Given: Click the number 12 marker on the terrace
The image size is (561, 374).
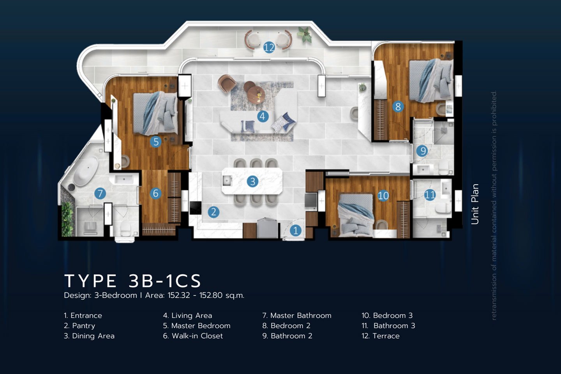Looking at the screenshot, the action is pyautogui.click(x=269, y=48).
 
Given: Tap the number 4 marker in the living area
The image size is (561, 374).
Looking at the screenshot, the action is pyautogui.click(x=263, y=116).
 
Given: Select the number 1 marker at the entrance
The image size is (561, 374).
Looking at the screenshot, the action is pyautogui.click(x=296, y=231).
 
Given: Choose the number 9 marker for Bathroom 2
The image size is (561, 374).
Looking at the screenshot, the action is pyautogui.click(x=422, y=151).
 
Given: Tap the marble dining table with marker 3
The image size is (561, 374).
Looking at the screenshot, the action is pyautogui.click(x=252, y=181).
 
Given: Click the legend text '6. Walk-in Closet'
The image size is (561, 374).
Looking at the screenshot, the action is pyautogui.click(x=193, y=336).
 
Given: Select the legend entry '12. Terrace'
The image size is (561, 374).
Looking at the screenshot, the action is pyautogui.click(x=380, y=336).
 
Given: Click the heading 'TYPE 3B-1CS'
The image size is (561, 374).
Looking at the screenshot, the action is pyautogui.click(x=132, y=281).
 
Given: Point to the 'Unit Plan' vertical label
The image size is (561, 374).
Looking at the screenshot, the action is pyautogui.click(x=475, y=204).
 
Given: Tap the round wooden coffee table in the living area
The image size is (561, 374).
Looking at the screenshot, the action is pyautogui.click(x=256, y=94).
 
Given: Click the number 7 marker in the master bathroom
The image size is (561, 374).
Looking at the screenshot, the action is pyautogui.click(x=100, y=193).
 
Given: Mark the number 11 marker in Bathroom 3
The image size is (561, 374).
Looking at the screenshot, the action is pyautogui.click(x=430, y=195).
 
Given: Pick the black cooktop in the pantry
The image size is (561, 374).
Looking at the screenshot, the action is pyautogui.click(x=195, y=208).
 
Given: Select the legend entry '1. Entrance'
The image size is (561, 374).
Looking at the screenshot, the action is pyautogui.click(x=83, y=316).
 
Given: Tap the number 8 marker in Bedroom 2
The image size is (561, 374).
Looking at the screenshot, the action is pyautogui.click(x=398, y=106).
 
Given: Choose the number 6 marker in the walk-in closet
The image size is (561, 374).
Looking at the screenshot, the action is pyautogui.click(x=155, y=193).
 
